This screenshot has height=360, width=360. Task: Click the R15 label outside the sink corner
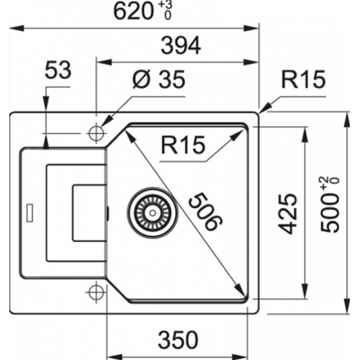(304, 80)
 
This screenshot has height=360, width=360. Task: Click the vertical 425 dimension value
(287, 213)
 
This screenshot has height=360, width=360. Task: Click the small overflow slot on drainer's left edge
(28, 212)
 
